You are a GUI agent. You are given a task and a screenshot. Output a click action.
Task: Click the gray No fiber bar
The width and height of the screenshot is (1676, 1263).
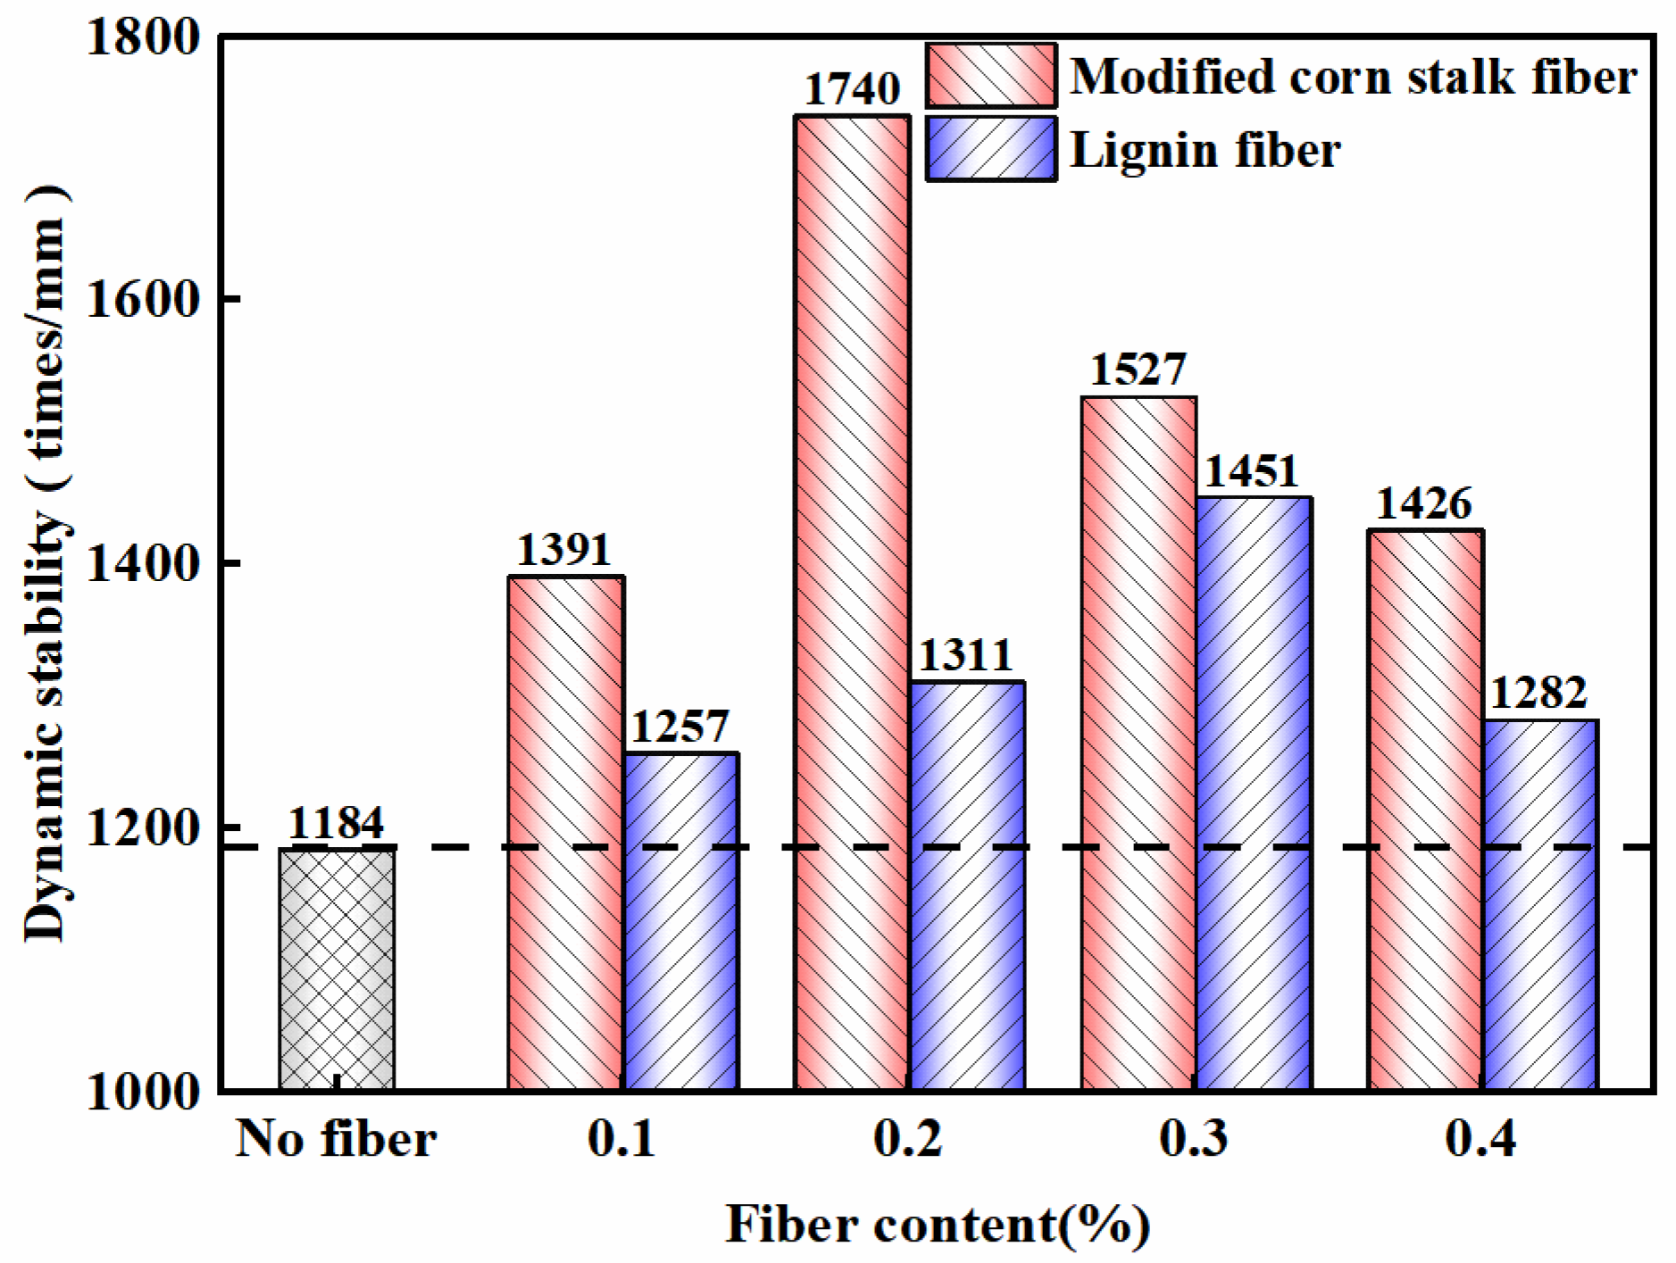click(x=337, y=968)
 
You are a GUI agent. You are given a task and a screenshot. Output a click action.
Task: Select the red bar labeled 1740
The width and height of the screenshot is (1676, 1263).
click(x=852, y=602)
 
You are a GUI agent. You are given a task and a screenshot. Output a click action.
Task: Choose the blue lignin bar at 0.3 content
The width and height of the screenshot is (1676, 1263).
click(x=1254, y=794)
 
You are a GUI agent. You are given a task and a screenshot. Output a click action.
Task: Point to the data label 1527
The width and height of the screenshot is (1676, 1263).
click(x=1138, y=370)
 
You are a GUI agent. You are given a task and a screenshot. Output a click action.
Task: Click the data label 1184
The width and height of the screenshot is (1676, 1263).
click(x=336, y=822)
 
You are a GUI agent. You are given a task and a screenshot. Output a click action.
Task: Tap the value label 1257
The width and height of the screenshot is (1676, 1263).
click(x=680, y=727)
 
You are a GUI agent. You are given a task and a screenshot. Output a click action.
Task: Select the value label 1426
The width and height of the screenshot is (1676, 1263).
click(x=1423, y=503)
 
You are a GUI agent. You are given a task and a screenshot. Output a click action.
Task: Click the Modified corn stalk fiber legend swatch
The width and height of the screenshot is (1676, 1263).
click(x=991, y=76)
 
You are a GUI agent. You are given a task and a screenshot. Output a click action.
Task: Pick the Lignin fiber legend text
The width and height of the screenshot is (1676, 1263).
click(x=1205, y=150)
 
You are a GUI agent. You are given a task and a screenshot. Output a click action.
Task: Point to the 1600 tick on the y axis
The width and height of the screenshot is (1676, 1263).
click(x=143, y=299)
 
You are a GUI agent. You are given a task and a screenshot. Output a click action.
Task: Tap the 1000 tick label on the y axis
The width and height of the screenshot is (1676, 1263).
click(x=143, y=1091)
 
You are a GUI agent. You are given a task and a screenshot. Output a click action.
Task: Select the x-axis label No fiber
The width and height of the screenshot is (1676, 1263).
click(x=336, y=1139)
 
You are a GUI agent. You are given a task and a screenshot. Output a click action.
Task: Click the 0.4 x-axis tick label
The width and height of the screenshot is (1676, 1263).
click(x=1480, y=1139)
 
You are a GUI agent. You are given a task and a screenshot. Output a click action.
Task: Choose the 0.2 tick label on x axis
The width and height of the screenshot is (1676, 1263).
click(x=907, y=1139)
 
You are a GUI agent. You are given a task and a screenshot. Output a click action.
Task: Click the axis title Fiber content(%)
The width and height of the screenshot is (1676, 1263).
click(x=937, y=1224)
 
